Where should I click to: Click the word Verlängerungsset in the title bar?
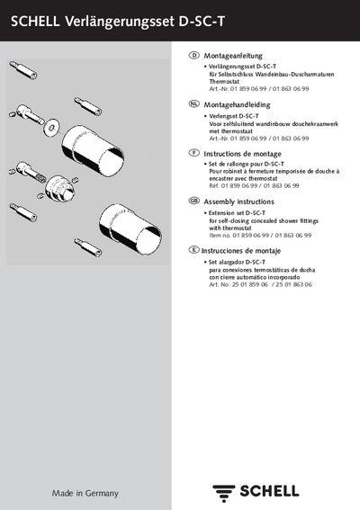pyautogui.click(x=120, y=22)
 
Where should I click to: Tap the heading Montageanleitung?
pyautogui.click(x=233, y=56)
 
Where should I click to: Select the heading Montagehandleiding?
pyautogui.click(x=237, y=104)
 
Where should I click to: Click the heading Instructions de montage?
pyautogui.click(x=242, y=154)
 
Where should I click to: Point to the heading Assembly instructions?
pyautogui.click(x=238, y=201)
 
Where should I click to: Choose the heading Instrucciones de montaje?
pyautogui.click(x=241, y=251)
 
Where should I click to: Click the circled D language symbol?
pyautogui.click(x=194, y=55)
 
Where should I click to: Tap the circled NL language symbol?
pyautogui.click(x=194, y=103)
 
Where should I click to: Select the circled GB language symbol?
pyautogui.click(x=194, y=201)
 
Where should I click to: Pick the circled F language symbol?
pyautogui.click(x=194, y=153)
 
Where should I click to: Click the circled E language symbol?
pyautogui.click(x=194, y=249)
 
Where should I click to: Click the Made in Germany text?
pyautogui.click(x=85, y=494)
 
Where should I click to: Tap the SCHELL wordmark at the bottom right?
pyautogui.click(x=269, y=491)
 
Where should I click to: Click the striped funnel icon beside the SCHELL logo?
pyautogui.click(x=223, y=493)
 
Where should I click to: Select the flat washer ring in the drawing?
pyautogui.click(x=51, y=128)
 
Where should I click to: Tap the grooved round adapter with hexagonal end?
pyautogui.click(x=60, y=188)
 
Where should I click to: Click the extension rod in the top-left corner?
pyautogui.click(x=23, y=70)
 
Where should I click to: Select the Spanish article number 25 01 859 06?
pyautogui.click(x=250, y=284)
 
